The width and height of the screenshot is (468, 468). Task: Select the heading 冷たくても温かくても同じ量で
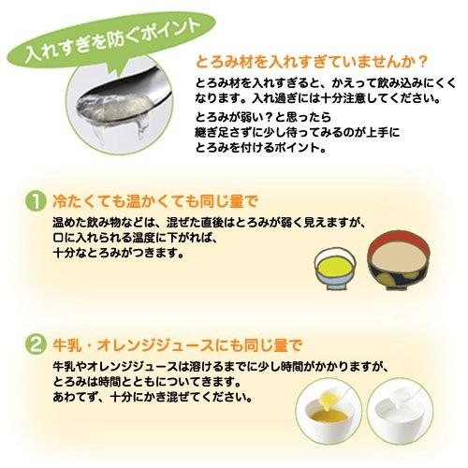click(151, 200)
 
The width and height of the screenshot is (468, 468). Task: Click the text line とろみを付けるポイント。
click(256, 148)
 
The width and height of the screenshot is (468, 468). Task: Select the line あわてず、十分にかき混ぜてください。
click(154, 398)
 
